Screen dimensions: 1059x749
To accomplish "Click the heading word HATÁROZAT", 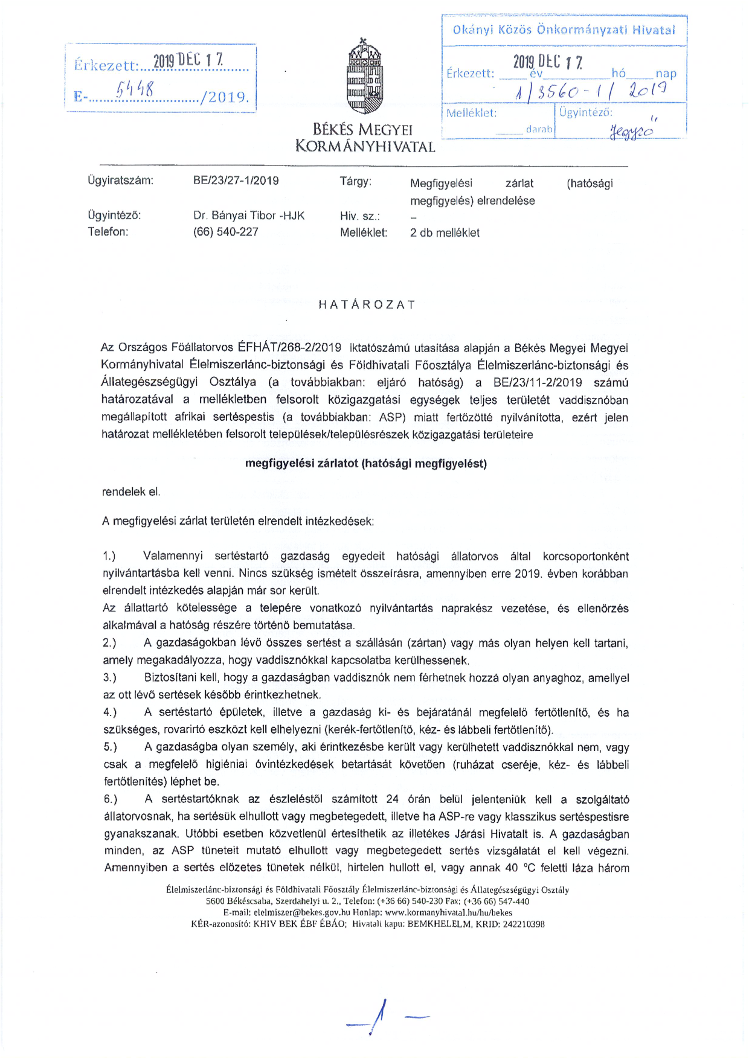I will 367,305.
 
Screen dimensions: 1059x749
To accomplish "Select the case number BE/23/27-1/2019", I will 236,181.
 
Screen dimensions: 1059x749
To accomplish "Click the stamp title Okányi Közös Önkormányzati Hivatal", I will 563,30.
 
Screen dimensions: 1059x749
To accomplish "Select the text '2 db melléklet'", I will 445,233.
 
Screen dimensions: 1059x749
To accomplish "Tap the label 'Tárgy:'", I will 355,181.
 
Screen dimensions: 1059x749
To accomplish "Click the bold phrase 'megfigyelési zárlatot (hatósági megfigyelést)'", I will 365,464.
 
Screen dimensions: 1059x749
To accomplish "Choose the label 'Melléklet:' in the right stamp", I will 471,113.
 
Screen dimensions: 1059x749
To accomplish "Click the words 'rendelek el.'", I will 131,492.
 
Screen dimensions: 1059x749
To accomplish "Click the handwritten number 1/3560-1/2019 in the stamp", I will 590,92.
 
